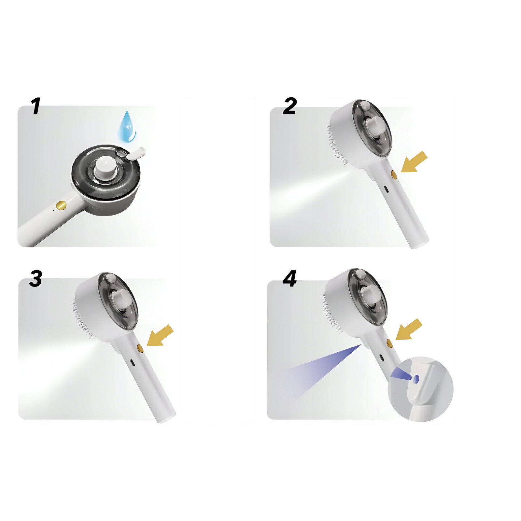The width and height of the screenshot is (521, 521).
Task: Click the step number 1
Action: click(x=36, y=106)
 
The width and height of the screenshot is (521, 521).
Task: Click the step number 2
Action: click(x=290, y=106)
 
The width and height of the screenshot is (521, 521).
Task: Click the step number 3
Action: click(x=35, y=278)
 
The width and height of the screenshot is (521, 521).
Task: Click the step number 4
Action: click(x=290, y=279)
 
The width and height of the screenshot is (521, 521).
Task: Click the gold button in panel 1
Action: click(x=61, y=205)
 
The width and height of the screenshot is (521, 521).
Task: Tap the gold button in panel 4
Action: click(x=389, y=343)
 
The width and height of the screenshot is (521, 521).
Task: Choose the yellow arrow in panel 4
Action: click(x=409, y=329)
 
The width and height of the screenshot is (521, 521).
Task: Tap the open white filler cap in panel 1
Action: click(x=135, y=153)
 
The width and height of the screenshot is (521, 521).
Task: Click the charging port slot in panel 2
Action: click(x=386, y=189)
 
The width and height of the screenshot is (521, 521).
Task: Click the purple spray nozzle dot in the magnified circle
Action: click(x=416, y=378)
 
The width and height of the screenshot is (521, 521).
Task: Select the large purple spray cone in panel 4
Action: click(x=322, y=368)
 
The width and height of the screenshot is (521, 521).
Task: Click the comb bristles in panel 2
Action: click(x=337, y=143)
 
